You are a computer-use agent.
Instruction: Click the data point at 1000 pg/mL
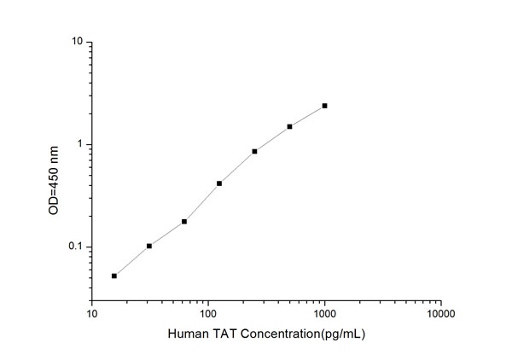(324, 106)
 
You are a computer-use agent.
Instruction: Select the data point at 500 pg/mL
(289, 126)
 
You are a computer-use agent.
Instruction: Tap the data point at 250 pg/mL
(254, 151)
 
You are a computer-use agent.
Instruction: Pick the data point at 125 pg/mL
(219, 183)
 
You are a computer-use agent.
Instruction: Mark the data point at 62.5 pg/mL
(184, 222)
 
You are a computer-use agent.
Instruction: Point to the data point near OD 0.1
(149, 246)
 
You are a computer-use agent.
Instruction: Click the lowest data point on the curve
(114, 276)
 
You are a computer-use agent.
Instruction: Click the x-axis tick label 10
(92, 313)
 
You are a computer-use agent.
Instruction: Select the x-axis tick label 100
(208, 313)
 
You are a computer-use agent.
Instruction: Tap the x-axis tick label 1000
(324, 313)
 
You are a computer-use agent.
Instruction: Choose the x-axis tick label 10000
(440, 313)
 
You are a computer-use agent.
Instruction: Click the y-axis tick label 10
(77, 42)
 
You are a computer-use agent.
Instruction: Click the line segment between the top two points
(307, 116)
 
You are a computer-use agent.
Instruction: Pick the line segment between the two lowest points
(131, 261)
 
